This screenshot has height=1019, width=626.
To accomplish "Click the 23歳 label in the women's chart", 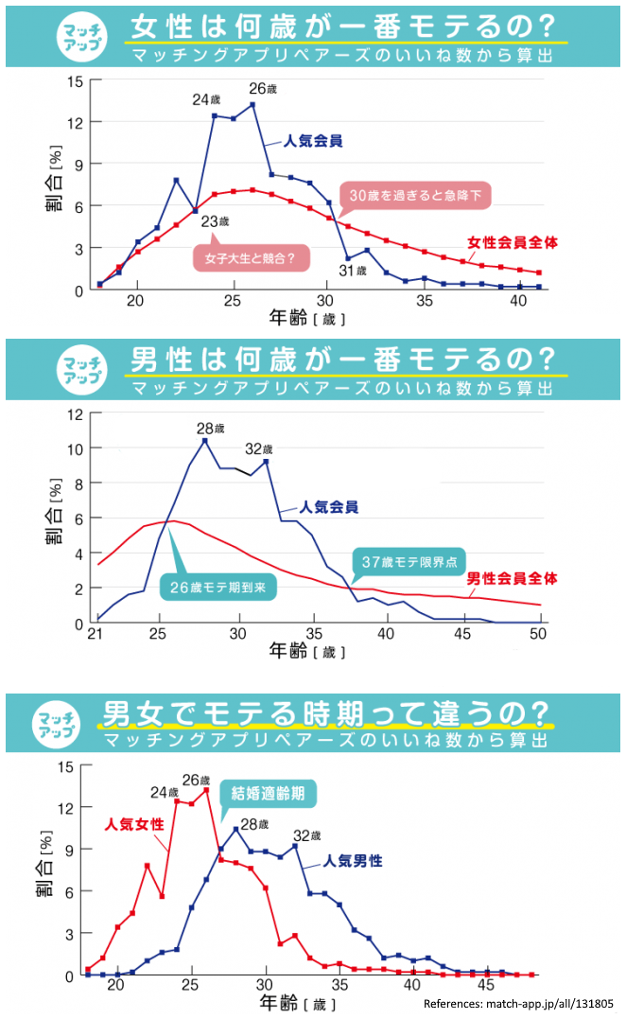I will click(216, 222).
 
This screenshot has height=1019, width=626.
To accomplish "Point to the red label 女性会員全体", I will click(512, 242).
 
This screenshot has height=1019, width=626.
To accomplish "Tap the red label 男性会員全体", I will click(513, 576).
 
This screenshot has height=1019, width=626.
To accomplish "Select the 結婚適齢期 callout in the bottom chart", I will click(269, 793).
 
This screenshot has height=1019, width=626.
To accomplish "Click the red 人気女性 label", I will click(134, 823).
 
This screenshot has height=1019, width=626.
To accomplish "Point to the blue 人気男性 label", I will click(353, 861).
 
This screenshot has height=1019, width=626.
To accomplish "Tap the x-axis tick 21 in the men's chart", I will click(96, 633).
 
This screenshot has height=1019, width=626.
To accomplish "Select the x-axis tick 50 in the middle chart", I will click(539, 633).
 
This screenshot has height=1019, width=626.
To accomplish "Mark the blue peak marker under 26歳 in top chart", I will click(252, 105).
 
